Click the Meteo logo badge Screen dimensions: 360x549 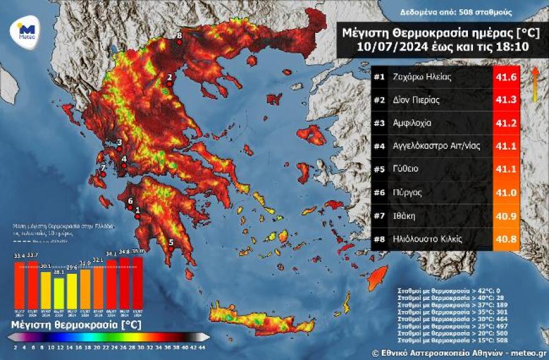tap(26, 31)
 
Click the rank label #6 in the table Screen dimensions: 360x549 tap(379, 193)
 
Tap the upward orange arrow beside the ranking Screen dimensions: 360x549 tap(535, 83)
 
